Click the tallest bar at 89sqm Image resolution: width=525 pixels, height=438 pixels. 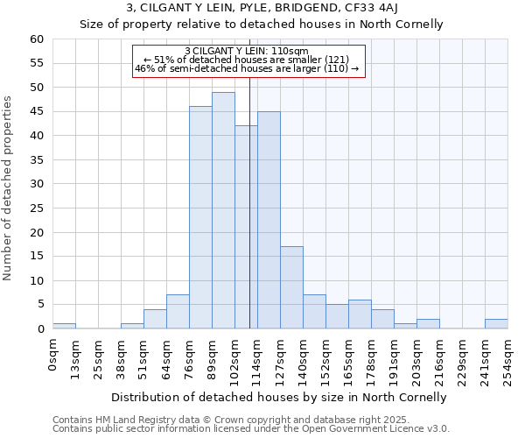pos(223,210)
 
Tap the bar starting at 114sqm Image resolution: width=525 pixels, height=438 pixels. pos(269,220)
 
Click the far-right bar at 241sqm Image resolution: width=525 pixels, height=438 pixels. pos(496,323)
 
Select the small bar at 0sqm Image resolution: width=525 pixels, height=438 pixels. pos(64,326)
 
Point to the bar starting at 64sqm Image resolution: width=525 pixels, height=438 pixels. pos(178,312)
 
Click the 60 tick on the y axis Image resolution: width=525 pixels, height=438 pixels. pos(37,39)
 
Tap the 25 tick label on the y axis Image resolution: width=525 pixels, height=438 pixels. pos(37,208)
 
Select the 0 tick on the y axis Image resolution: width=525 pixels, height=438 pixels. pos(40,328)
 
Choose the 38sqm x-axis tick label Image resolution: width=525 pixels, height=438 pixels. pos(121,356)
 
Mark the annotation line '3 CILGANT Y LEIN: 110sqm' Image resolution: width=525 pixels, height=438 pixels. pos(247,51)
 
